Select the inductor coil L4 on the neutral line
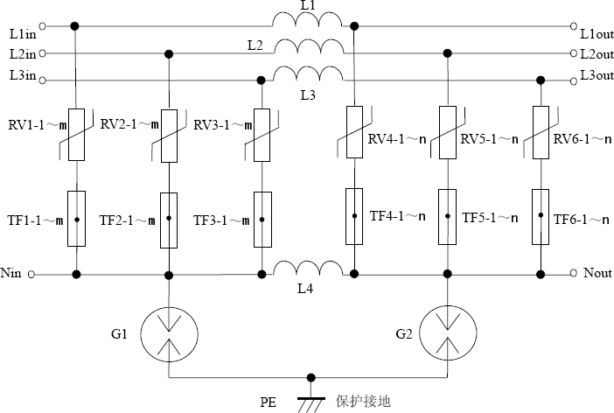(308, 268)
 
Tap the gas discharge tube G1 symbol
(167, 333)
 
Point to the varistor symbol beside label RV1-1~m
(76, 135)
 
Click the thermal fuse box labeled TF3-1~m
(261, 219)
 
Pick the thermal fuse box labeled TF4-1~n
(354, 215)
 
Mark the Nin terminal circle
(33, 275)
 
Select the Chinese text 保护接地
(363, 402)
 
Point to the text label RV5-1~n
(489, 138)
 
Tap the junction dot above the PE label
(308, 379)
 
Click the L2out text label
(597, 54)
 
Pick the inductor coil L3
(308, 74)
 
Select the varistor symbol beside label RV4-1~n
(354, 131)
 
